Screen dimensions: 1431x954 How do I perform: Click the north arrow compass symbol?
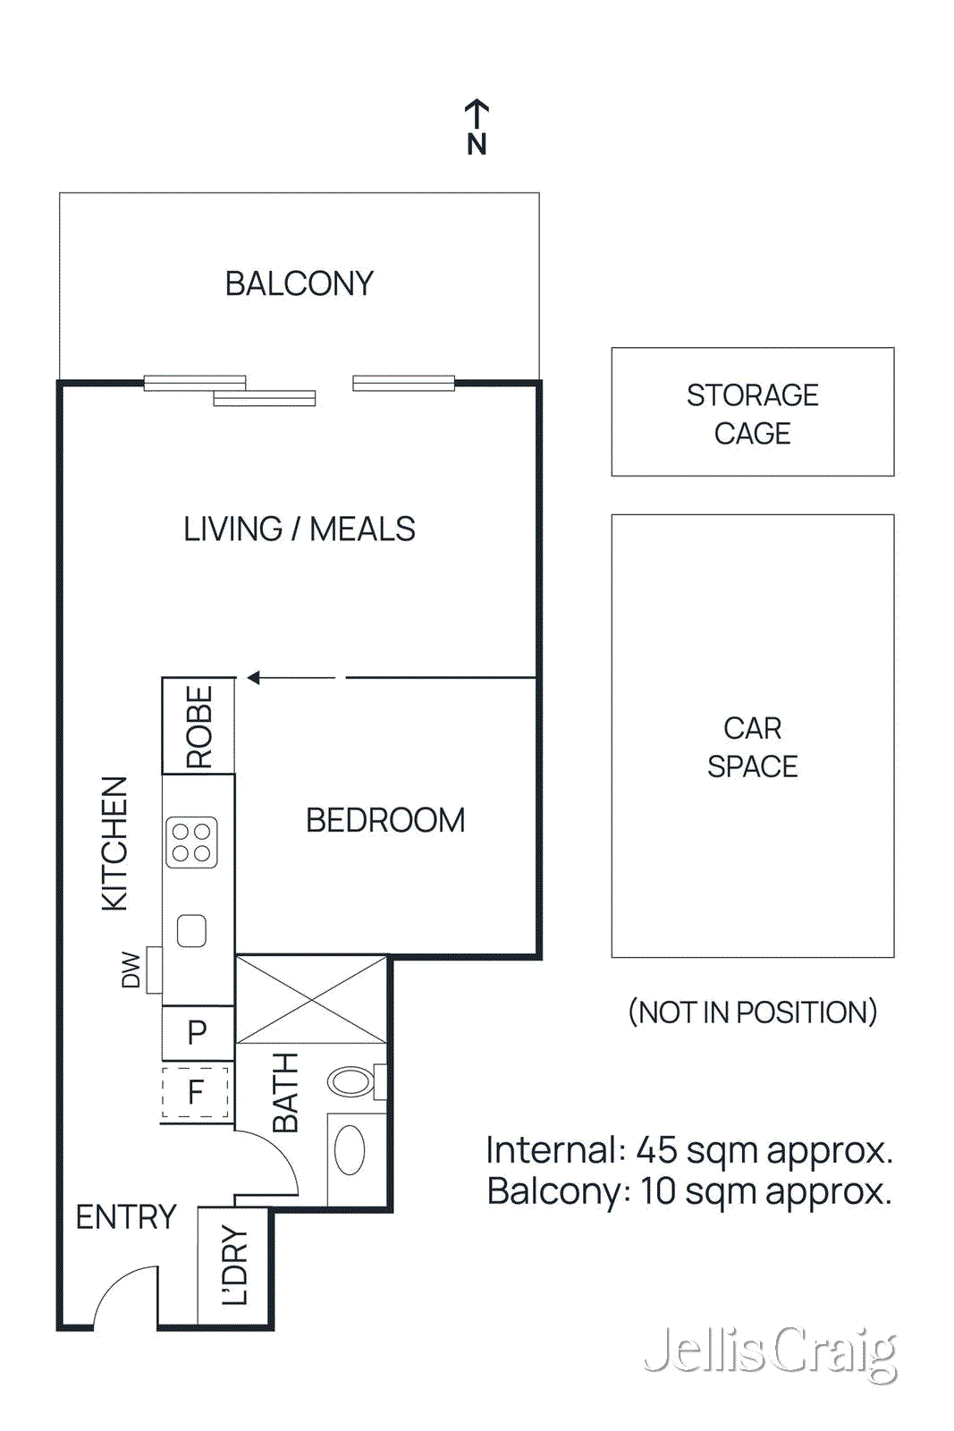[x=477, y=127]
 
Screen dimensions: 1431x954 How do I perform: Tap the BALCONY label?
[x=299, y=284]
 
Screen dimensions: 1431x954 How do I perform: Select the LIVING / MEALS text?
[x=299, y=529]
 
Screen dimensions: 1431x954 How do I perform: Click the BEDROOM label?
[x=385, y=820]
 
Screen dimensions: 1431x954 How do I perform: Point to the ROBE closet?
[x=198, y=725]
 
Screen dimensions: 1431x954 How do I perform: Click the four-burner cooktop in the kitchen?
[x=191, y=843]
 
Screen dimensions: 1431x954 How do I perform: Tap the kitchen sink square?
[x=191, y=931]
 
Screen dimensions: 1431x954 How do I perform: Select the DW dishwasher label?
[x=131, y=970]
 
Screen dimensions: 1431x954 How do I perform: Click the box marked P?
[x=198, y=1033]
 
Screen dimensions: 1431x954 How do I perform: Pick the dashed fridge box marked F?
[x=196, y=1092]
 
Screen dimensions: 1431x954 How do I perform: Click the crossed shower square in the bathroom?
[x=311, y=999]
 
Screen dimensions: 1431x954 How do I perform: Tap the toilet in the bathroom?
[x=352, y=1081]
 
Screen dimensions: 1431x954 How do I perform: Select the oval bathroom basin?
[x=350, y=1149]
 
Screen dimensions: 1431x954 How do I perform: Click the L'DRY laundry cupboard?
[x=233, y=1266]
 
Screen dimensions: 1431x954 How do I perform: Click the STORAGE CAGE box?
[x=752, y=412]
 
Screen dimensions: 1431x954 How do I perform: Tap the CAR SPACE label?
[x=752, y=748]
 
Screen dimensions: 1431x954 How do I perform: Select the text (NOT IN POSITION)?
[x=752, y=1012]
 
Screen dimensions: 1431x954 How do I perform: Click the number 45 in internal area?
[x=656, y=1150]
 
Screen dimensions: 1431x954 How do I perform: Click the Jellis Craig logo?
[x=770, y=1352]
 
